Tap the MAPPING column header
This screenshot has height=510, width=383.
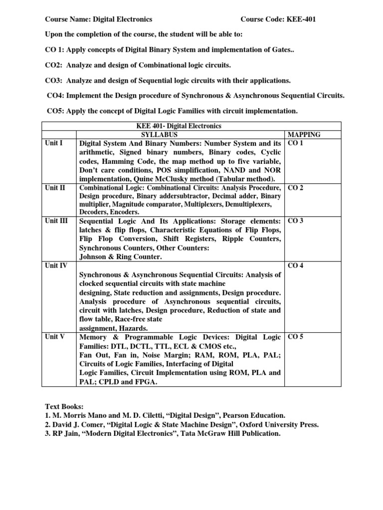point(304,134)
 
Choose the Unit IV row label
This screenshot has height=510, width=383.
point(55,265)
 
